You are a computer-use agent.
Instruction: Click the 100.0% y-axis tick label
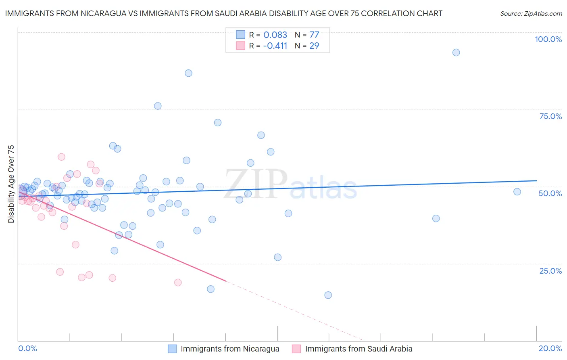[548, 39]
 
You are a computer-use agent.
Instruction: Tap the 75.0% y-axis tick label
[550, 116]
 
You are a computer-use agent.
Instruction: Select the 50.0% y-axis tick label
[550, 193]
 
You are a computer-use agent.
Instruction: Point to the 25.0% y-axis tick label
[550, 270]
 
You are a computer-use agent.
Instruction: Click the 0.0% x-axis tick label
[27, 348]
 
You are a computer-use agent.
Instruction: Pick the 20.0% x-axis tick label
[550, 348]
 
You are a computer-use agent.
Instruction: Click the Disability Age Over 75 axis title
[11, 184]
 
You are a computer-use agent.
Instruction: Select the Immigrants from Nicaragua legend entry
[230, 349]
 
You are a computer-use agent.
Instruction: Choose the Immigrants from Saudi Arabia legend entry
[359, 349]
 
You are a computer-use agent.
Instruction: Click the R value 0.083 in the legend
[275, 35]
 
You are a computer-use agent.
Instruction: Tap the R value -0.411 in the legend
[275, 46]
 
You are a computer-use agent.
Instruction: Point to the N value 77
[314, 35]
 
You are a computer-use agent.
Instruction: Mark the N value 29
[314, 46]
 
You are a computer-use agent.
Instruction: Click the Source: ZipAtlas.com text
[531, 14]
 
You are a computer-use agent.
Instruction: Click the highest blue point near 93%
[456, 52]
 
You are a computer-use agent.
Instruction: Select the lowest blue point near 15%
[328, 295]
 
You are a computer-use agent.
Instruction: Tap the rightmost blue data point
[517, 192]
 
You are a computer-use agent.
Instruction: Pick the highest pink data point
[61, 157]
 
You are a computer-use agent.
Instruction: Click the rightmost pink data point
[178, 283]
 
